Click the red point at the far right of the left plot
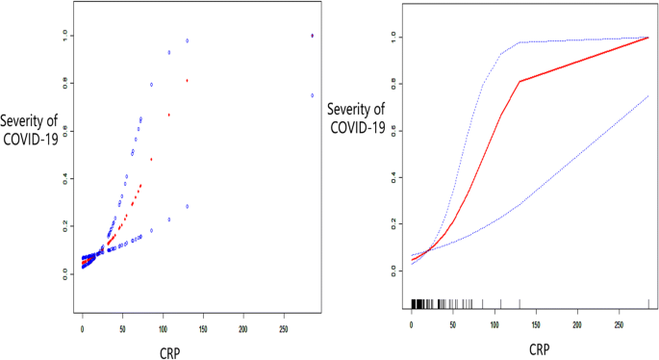(x=312, y=36)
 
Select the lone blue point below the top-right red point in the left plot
(x=312, y=95)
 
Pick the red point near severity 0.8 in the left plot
(x=187, y=80)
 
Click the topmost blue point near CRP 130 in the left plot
(x=187, y=40)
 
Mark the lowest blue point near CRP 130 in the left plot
(x=187, y=206)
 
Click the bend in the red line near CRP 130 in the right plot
(x=520, y=82)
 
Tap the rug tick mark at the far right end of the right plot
(x=648, y=303)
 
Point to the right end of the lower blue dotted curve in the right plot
(x=648, y=96)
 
